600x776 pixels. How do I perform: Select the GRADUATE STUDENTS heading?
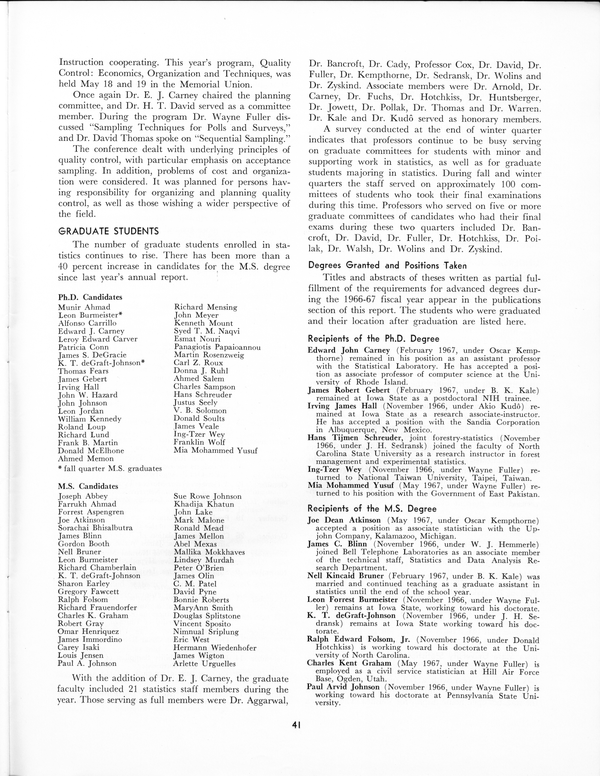click(x=108, y=231)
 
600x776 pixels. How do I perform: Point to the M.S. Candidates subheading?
click(x=88, y=486)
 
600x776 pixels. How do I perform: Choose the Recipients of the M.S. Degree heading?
click(x=372, y=509)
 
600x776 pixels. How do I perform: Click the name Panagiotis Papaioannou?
click(x=217, y=347)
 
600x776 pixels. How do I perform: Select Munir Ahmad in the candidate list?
click(x=84, y=307)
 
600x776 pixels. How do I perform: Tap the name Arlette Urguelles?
click(x=204, y=663)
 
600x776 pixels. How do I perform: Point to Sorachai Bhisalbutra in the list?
click(x=95, y=528)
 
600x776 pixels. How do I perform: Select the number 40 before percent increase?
click(x=64, y=266)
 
